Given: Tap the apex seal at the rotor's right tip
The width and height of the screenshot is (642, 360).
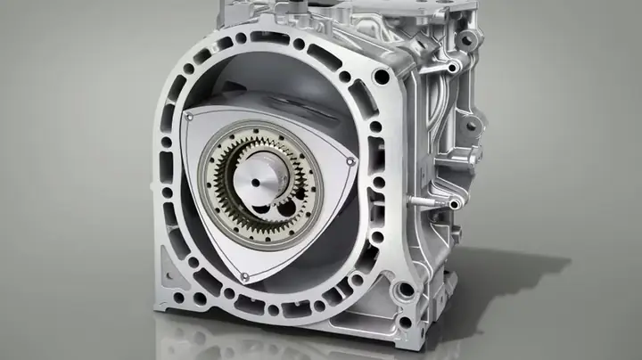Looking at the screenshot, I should (x=350, y=161).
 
